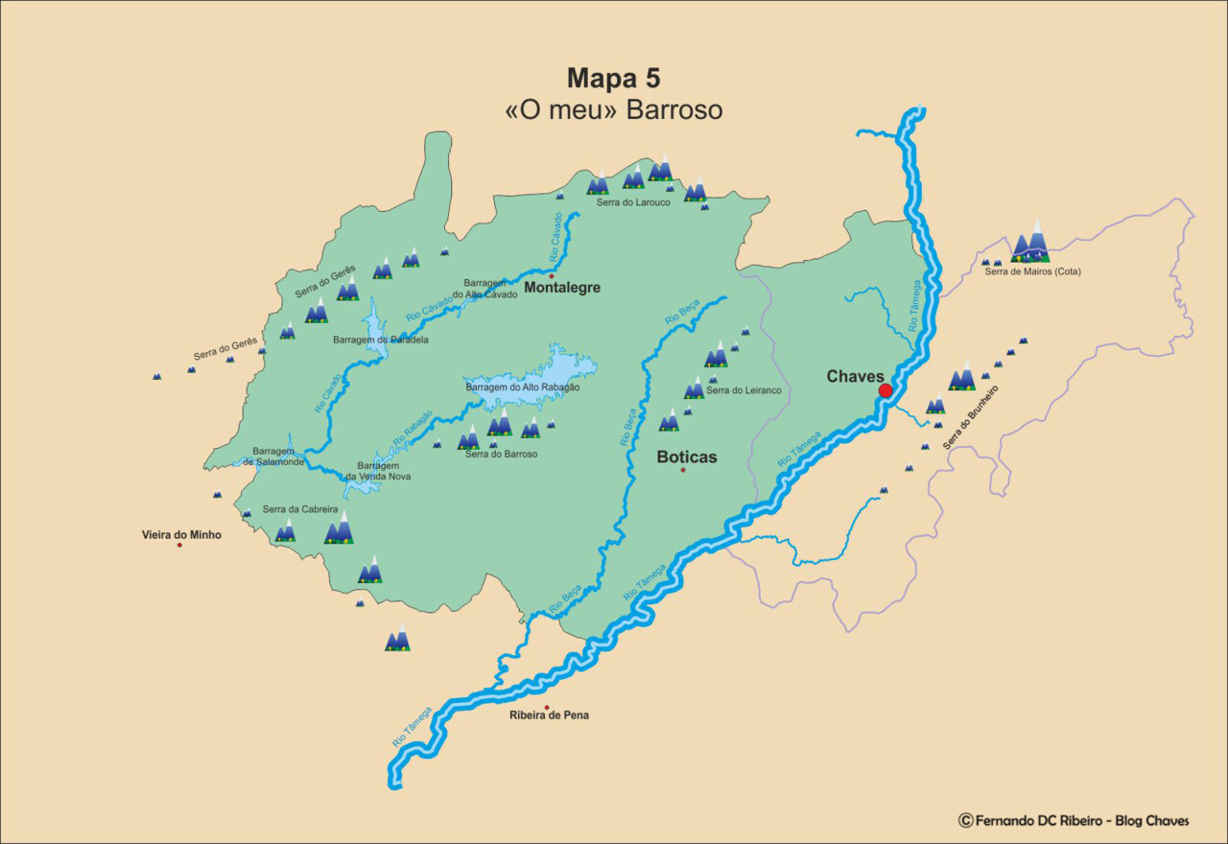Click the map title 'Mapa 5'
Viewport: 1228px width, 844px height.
pos(613,78)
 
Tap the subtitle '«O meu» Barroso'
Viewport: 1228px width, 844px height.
pos(613,110)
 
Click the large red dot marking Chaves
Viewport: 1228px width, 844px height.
pos(886,390)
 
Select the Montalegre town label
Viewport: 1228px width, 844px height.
pos(562,287)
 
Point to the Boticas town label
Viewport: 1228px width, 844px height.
pos(686,457)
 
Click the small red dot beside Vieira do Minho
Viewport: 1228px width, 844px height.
pos(179,545)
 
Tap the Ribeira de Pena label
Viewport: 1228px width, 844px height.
pos(549,715)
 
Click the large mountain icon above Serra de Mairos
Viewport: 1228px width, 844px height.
pos(1031,241)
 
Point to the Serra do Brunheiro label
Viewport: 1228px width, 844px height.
pos(970,418)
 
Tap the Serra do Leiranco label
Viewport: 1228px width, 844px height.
pos(744,390)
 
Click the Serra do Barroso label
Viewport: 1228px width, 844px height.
pos(501,454)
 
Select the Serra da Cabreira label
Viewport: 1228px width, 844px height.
pos(299,509)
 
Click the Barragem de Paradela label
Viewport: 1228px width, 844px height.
pos(380,340)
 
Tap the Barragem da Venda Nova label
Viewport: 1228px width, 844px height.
pos(378,470)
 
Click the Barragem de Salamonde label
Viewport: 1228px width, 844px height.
pos(273,457)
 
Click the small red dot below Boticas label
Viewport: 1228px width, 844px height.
pos(683,470)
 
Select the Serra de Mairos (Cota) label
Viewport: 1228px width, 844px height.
pos(1032,271)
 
